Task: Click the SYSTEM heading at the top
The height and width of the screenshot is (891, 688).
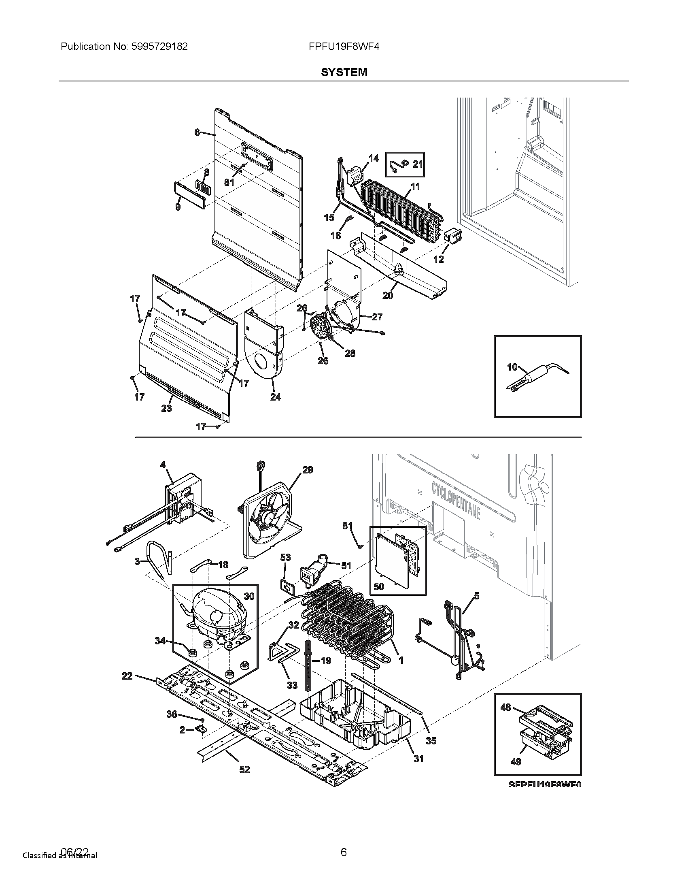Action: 344,72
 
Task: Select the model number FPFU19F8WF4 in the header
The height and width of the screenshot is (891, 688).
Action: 344,47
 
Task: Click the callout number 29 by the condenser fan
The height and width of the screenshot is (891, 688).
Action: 307,470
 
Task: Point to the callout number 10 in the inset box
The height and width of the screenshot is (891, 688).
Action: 512,367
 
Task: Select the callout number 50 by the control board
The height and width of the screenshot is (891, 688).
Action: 379,587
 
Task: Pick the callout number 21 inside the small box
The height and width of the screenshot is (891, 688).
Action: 418,164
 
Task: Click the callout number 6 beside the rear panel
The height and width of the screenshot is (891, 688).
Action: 197,132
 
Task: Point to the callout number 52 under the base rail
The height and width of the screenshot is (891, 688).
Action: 244,769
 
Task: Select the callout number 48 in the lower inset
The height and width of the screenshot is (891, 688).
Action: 505,707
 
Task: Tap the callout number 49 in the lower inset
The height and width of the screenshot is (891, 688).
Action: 516,762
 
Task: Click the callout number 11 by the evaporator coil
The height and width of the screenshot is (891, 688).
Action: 415,187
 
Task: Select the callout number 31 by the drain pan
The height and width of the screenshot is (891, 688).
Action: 418,759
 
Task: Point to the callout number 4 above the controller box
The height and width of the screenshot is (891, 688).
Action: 163,465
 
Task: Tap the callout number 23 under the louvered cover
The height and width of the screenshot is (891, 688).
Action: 166,408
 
